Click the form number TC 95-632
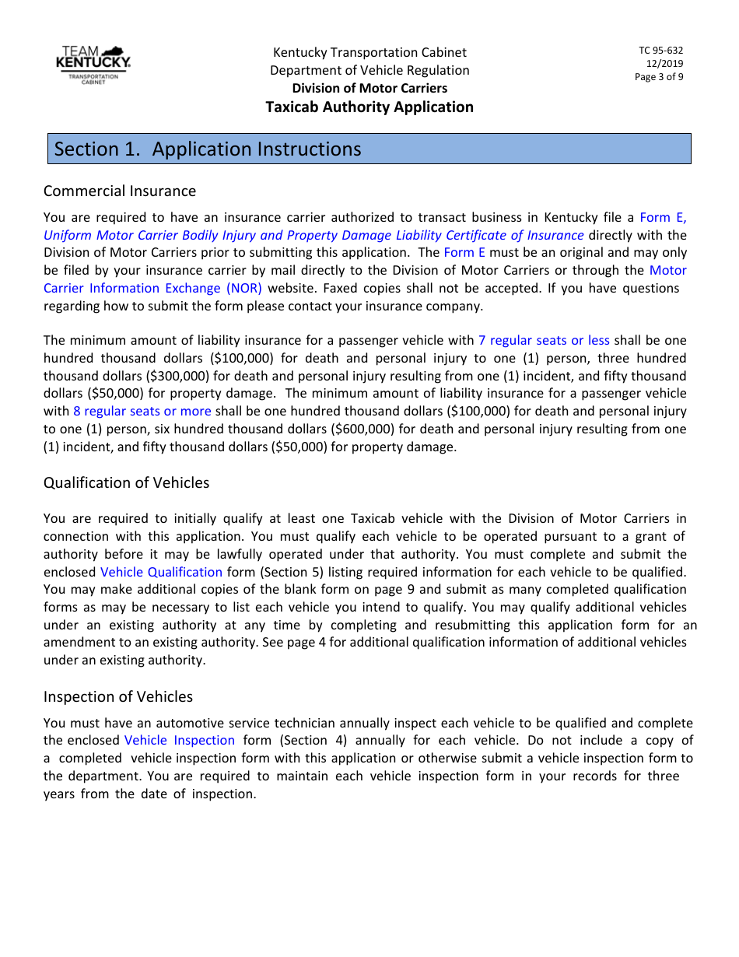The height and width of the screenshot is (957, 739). pyautogui.click(x=660, y=51)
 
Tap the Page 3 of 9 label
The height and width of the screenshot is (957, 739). pyautogui.click(x=659, y=77)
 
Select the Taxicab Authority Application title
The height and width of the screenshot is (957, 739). pyautogui.click(x=369, y=107)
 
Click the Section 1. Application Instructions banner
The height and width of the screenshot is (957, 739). pyautogui.click(x=369, y=149)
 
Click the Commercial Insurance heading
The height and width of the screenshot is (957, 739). pyautogui.click(x=120, y=191)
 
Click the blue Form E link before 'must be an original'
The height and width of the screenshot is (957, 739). pyautogui.click(x=464, y=252)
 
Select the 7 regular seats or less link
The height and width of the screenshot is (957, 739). pyautogui.click(x=544, y=340)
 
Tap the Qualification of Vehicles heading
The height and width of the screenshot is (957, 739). pyautogui.click(x=126, y=482)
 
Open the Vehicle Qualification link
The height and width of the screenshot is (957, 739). pyautogui.click(x=161, y=572)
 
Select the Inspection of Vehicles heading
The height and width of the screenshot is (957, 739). pyautogui.click(x=118, y=696)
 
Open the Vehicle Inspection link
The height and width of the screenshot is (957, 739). pyautogui.click(x=179, y=740)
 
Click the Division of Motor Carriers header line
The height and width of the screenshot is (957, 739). pyautogui.click(x=369, y=88)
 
